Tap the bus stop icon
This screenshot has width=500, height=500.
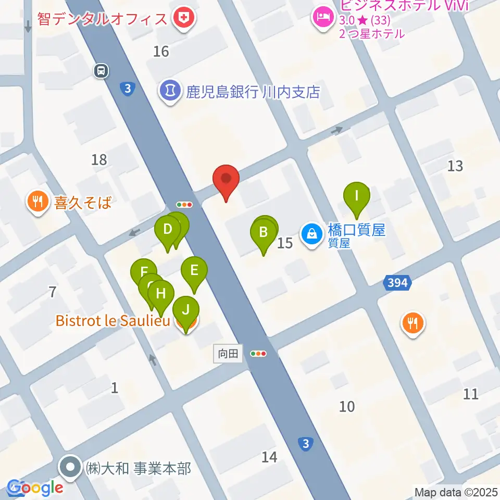[x=102, y=70]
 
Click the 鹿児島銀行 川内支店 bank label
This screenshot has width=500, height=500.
[x=253, y=92]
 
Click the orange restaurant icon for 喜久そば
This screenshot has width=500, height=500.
[x=37, y=201]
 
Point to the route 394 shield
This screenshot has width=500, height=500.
[x=398, y=283]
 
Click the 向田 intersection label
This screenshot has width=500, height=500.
[x=228, y=354]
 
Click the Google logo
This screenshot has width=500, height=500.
[x=35, y=488]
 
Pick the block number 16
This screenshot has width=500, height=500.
[x=161, y=51]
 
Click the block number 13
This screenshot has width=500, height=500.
[x=455, y=166]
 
